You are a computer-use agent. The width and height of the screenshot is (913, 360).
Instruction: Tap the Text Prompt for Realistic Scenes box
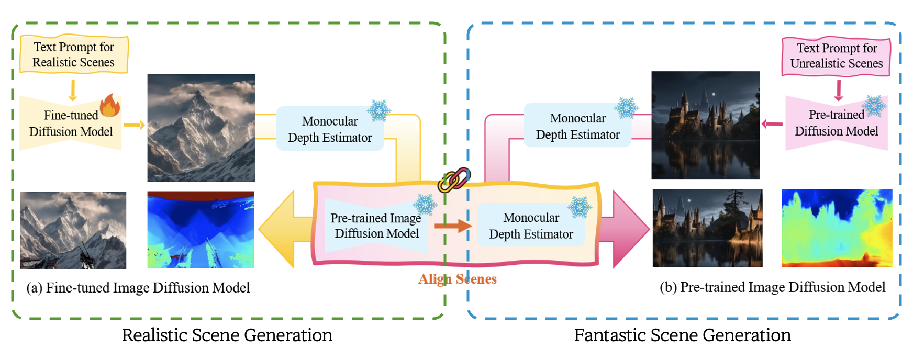pyautogui.click(x=74, y=54)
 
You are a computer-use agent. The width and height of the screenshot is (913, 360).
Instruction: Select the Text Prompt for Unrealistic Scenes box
pyautogui.click(x=836, y=56)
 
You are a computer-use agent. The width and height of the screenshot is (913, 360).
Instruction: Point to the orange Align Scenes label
pyautogui.click(x=457, y=279)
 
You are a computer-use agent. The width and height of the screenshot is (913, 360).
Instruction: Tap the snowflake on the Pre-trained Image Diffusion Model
pyautogui.click(x=425, y=205)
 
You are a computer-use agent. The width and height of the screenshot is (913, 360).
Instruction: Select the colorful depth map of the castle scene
pyautogui.click(x=837, y=228)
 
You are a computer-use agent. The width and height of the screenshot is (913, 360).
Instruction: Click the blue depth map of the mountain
pyautogui.click(x=201, y=230)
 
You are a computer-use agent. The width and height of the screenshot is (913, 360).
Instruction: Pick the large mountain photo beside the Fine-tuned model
pyautogui.click(x=201, y=128)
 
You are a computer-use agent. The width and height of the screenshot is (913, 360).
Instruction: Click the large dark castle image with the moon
pyautogui.click(x=705, y=125)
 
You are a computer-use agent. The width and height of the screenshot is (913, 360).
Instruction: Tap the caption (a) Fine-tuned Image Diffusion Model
pyautogui.click(x=138, y=288)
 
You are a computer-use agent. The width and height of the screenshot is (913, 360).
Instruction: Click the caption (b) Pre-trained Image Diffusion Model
pyautogui.click(x=772, y=287)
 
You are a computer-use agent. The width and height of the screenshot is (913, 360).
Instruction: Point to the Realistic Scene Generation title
pyautogui.click(x=227, y=335)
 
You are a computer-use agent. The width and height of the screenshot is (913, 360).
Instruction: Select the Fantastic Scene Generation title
pyautogui.click(x=682, y=335)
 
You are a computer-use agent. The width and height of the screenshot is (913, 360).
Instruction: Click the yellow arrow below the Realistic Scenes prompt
pyautogui.click(x=73, y=90)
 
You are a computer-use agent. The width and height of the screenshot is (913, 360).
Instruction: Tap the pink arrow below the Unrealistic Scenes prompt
pyautogui.click(x=838, y=90)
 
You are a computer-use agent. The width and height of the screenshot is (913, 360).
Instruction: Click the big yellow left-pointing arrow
pyautogui.click(x=283, y=229)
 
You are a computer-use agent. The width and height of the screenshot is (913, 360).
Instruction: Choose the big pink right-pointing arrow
pyautogui.click(x=626, y=229)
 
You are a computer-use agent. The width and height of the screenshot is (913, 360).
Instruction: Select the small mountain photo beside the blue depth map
pyautogui.click(x=73, y=230)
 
